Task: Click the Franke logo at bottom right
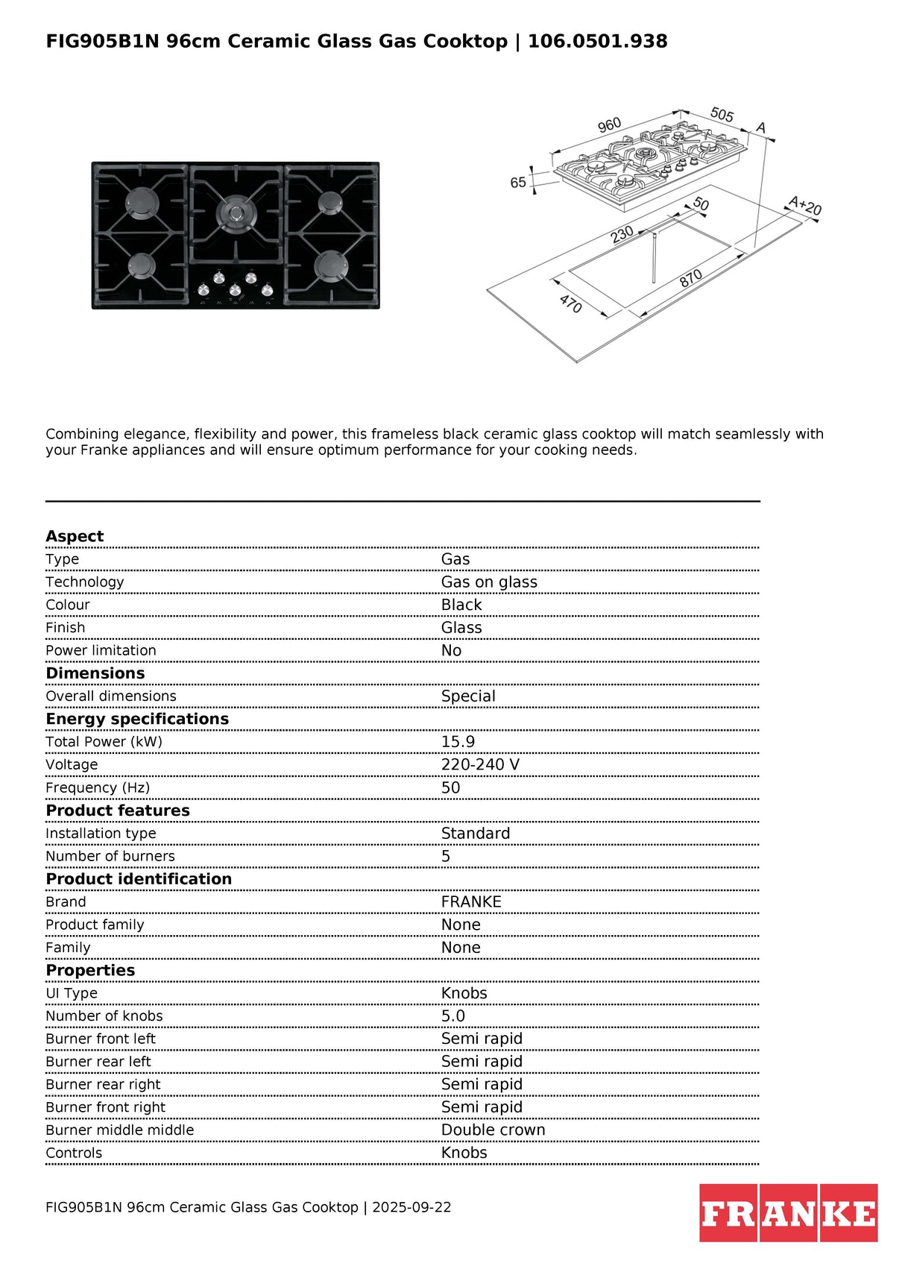pos(788,1213)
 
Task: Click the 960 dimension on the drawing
pos(609,125)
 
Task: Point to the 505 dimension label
pos(722,115)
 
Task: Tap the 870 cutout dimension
pos(690,278)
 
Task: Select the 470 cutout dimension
pos(570,303)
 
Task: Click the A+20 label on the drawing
pos(805,205)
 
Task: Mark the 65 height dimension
pos(518,183)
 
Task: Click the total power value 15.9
pos(458,742)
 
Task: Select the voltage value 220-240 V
pos(480,765)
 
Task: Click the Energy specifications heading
pos(137,719)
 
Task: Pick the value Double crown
pos(493,1130)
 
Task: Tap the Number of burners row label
pos(110,856)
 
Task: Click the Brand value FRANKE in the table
pos(471,901)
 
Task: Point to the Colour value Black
pos(461,605)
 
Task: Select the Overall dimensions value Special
pos(468,696)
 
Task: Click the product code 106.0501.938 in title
pos(597,41)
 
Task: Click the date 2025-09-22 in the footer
pos(411,1207)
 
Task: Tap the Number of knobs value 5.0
pos(452,1016)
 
